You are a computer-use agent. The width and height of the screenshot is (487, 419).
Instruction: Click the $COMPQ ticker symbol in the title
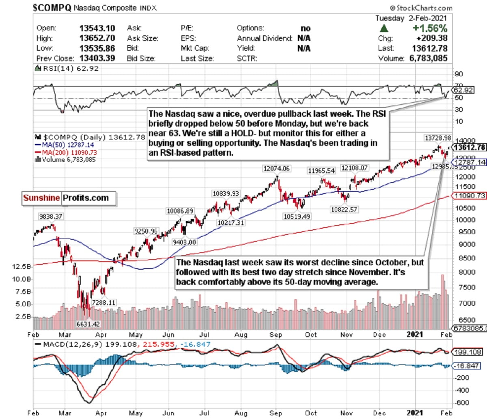[52, 7]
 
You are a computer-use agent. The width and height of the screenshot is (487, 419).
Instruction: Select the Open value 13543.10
[97, 28]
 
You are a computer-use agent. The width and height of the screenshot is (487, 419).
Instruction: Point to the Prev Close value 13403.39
[97, 58]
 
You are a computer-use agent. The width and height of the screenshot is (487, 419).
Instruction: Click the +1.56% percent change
[429, 28]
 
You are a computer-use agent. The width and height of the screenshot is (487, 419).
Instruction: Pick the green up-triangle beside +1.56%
[384, 28]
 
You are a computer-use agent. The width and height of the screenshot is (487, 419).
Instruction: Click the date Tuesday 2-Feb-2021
[411, 18]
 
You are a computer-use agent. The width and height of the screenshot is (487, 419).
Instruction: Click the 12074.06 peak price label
[276, 168]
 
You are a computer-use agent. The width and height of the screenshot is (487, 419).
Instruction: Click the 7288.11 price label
[103, 303]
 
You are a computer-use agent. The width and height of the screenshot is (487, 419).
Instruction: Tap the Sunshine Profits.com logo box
[69, 198]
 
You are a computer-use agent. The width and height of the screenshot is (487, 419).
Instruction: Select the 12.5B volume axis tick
[22, 266]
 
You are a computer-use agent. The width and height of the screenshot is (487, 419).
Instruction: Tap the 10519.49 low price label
[296, 217]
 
